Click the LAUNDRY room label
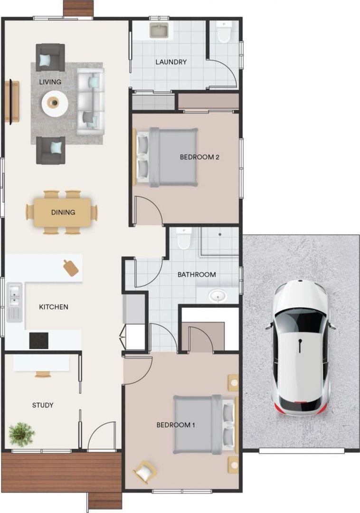[x=171, y=62]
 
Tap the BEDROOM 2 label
[x=199, y=157]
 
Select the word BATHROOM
[x=197, y=275]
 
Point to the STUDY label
[x=43, y=405]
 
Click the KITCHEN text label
[x=53, y=307]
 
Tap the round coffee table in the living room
[x=55, y=103]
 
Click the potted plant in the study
[x=21, y=434]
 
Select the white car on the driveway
[x=300, y=346]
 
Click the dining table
[x=62, y=212]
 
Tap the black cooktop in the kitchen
[x=38, y=341]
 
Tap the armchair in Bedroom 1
[x=145, y=472]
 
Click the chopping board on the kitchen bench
[x=71, y=268]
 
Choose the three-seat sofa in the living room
[x=90, y=101]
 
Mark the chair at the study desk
[x=43, y=374]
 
